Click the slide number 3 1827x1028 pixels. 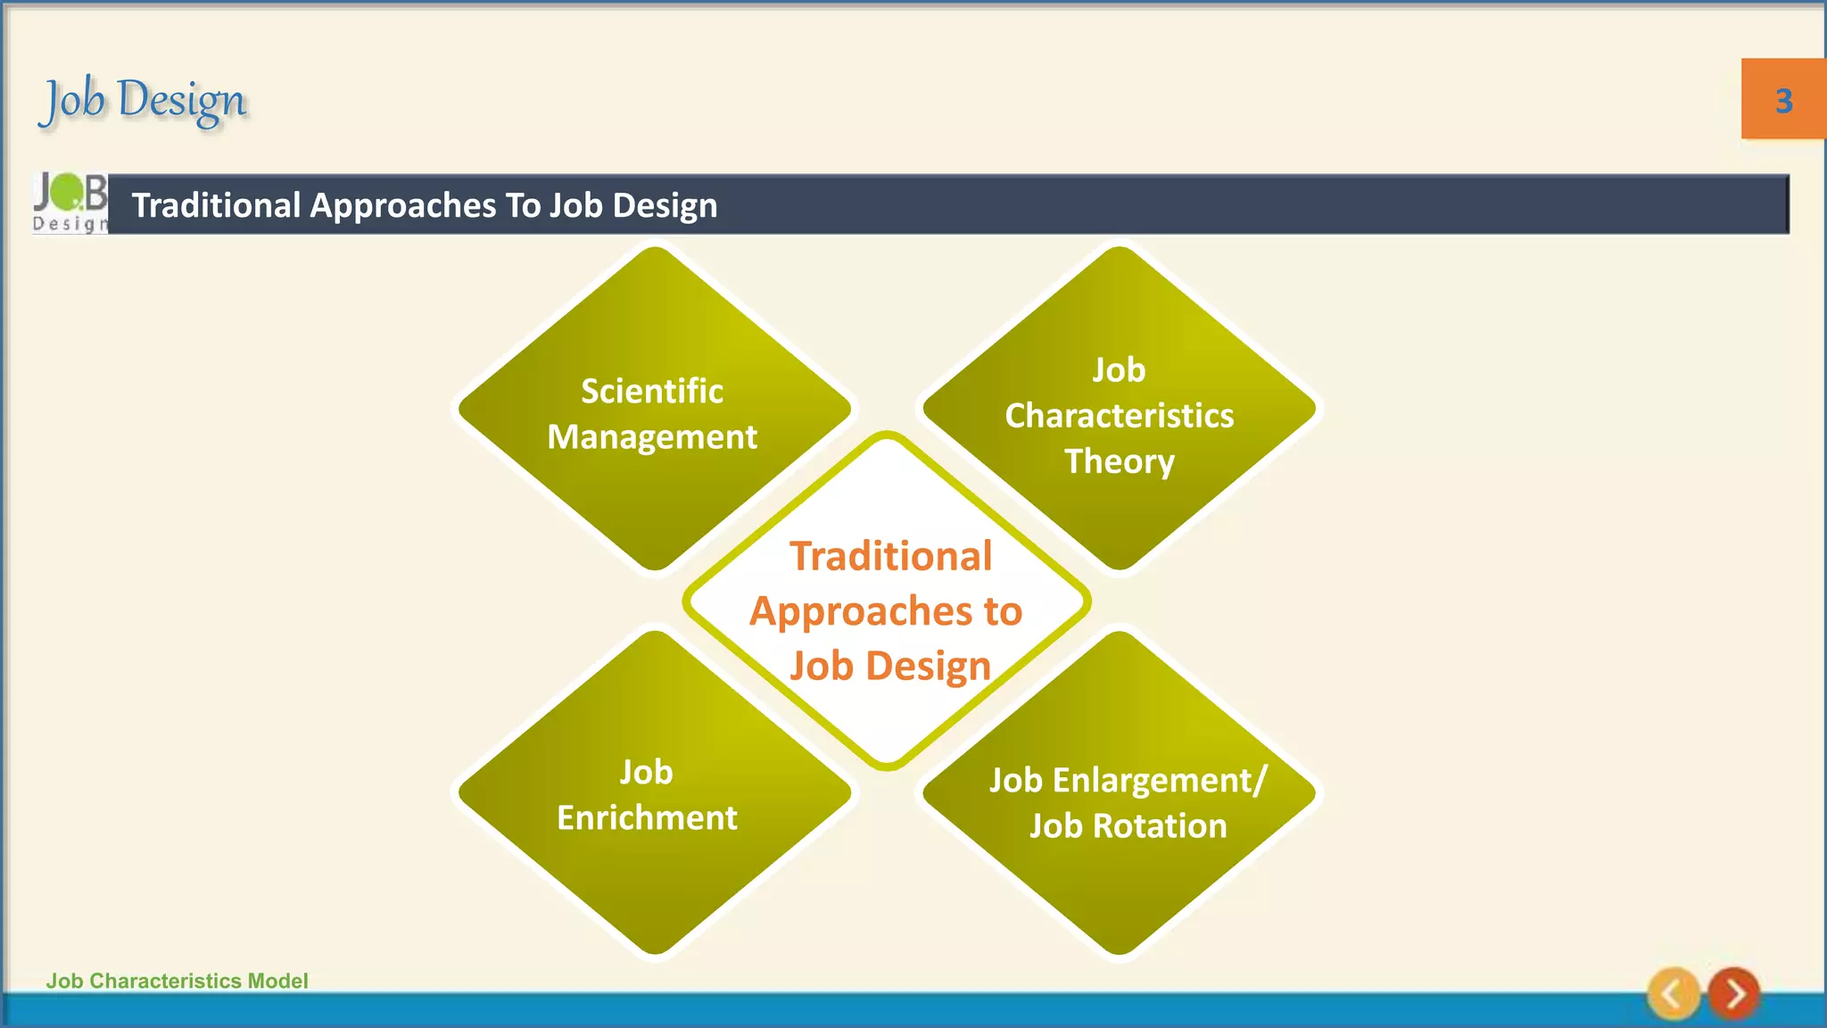click(x=1783, y=101)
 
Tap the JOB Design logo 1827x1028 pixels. click(x=70, y=203)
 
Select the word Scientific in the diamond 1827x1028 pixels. click(x=652, y=391)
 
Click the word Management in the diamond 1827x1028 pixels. click(x=652, y=437)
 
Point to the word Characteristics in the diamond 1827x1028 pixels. click(x=1120, y=416)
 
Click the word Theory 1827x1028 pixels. click(x=1120, y=461)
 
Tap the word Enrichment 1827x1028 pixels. click(x=647, y=817)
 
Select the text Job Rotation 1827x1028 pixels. click(x=1128, y=826)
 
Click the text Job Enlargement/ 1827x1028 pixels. click(x=1128, y=781)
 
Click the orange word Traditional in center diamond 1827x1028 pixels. click(x=890, y=556)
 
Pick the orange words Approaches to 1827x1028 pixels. click(x=886, y=611)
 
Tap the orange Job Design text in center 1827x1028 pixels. click(x=890, y=666)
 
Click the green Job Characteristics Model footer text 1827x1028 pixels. click(x=177, y=981)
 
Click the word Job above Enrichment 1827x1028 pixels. click(x=647, y=772)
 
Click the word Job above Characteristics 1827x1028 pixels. click(x=1120, y=369)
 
